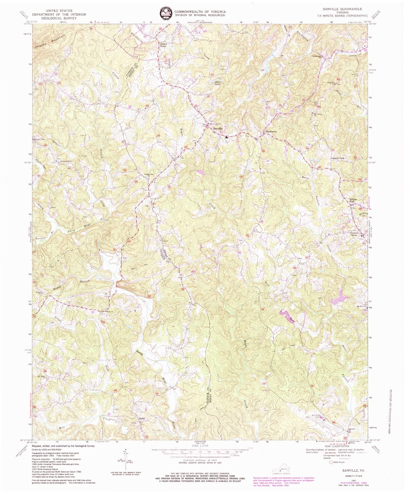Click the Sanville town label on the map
coord(218,128)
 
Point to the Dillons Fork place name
coord(353,201)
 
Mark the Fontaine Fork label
coord(338,158)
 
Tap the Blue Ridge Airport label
coord(315,416)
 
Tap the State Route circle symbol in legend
coord(331,470)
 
